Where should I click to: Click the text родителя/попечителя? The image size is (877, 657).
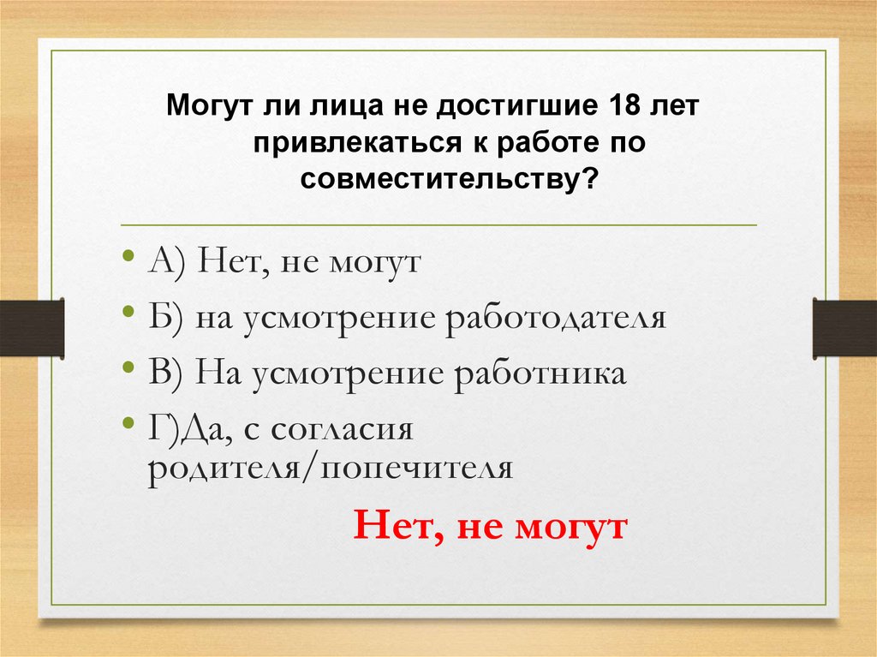click(330, 470)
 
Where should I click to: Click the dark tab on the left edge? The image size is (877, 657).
click(32, 327)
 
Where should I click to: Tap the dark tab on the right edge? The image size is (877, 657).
click(844, 327)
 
